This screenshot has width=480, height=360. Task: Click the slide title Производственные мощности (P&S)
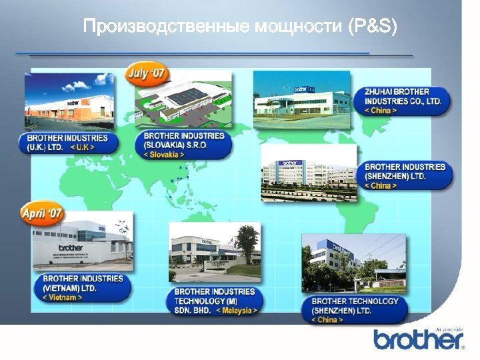tap(239, 27)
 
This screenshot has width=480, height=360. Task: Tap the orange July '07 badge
tap(147, 73)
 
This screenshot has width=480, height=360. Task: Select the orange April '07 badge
tap(42, 214)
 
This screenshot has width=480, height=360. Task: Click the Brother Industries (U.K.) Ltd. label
tap(67, 142)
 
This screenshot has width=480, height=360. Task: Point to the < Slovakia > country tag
tap(164, 155)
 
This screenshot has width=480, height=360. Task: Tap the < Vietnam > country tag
tap(63, 297)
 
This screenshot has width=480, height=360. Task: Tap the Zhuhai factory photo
tap(301, 100)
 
